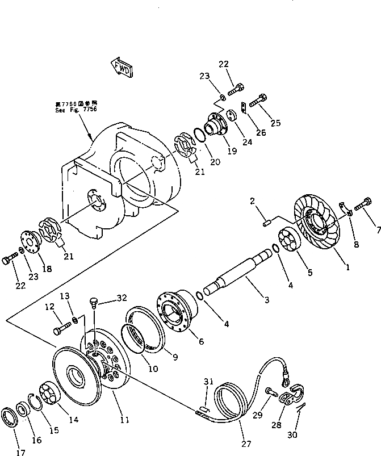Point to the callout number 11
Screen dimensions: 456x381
pos(125,420)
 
